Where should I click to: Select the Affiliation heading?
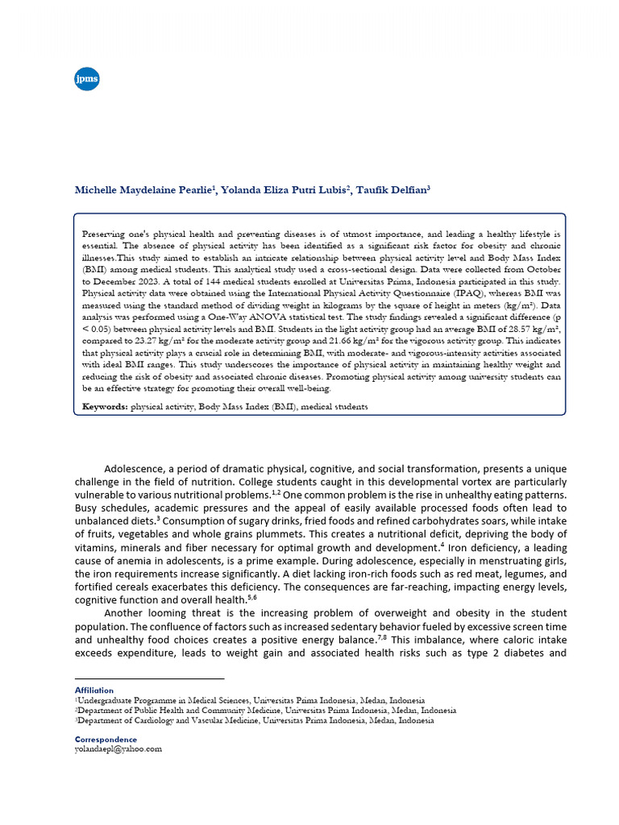click(x=93, y=690)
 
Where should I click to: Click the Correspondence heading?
click(x=105, y=739)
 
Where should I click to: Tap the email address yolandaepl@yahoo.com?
click(x=118, y=748)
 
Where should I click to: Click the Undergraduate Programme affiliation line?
click(x=251, y=701)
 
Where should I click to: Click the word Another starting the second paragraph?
click(x=127, y=614)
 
